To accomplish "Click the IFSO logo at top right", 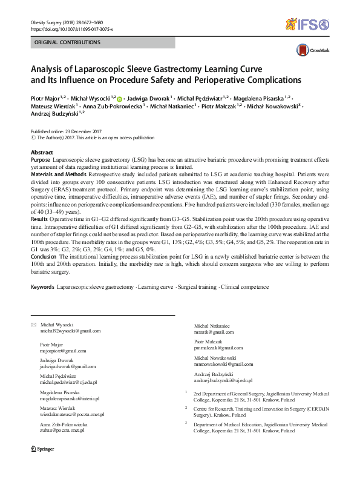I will [x=307, y=25].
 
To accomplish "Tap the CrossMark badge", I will [x=309, y=51].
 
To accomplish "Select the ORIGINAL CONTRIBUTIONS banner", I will [x=67, y=43].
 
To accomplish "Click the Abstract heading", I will [x=42, y=152].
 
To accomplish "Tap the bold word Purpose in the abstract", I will [x=41, y=159].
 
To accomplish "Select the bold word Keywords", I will [x=42, y=287].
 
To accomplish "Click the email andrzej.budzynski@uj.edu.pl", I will [x=224, y=380].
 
